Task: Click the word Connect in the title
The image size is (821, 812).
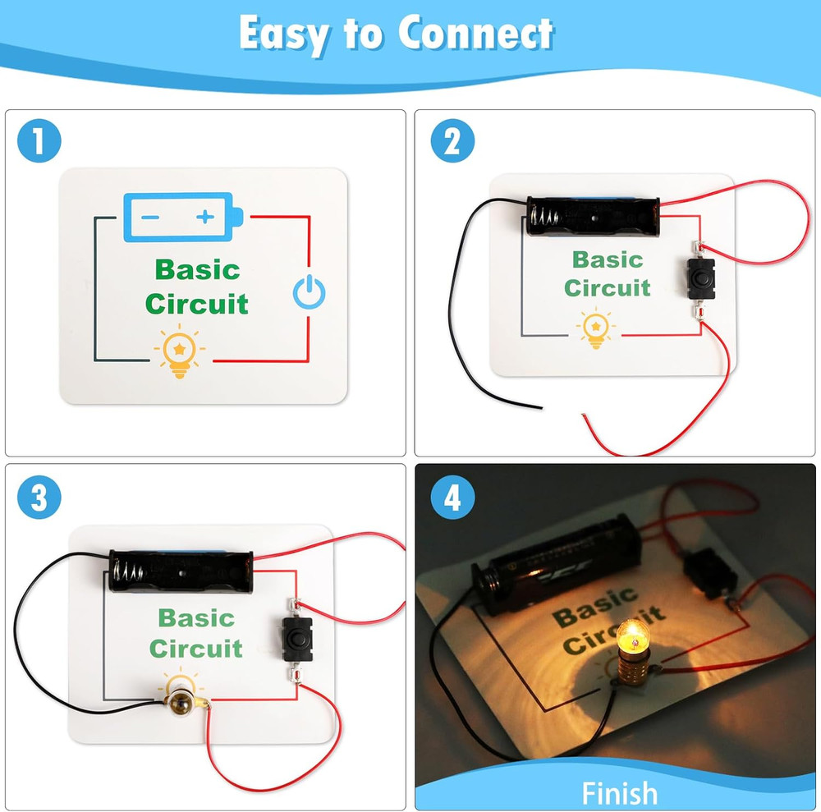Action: tap(475, 33)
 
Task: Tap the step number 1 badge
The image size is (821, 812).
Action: tap(39, 141)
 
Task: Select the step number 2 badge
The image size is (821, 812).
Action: tap(453, 141)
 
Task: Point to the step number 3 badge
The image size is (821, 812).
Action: tap(39, 498)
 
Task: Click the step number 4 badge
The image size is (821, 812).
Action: tap(453, 498)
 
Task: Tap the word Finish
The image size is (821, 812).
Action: tap(619, 793)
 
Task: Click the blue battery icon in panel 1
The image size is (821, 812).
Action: tap(183, 218)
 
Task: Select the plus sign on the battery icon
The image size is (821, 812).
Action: tap(205, 216)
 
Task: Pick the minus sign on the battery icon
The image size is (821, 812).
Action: tap(150, 218)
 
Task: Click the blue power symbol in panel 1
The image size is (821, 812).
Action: tap(309, 291)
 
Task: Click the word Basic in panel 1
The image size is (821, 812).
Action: tap(197, 270)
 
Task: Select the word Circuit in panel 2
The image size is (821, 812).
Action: tap(608, 288)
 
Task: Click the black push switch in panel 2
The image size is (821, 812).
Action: tap(700, 278)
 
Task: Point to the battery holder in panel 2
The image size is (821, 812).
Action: tap(592, 216)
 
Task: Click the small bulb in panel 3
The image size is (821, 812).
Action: tap(179, 703)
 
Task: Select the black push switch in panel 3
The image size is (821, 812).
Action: tap(297, 639)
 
